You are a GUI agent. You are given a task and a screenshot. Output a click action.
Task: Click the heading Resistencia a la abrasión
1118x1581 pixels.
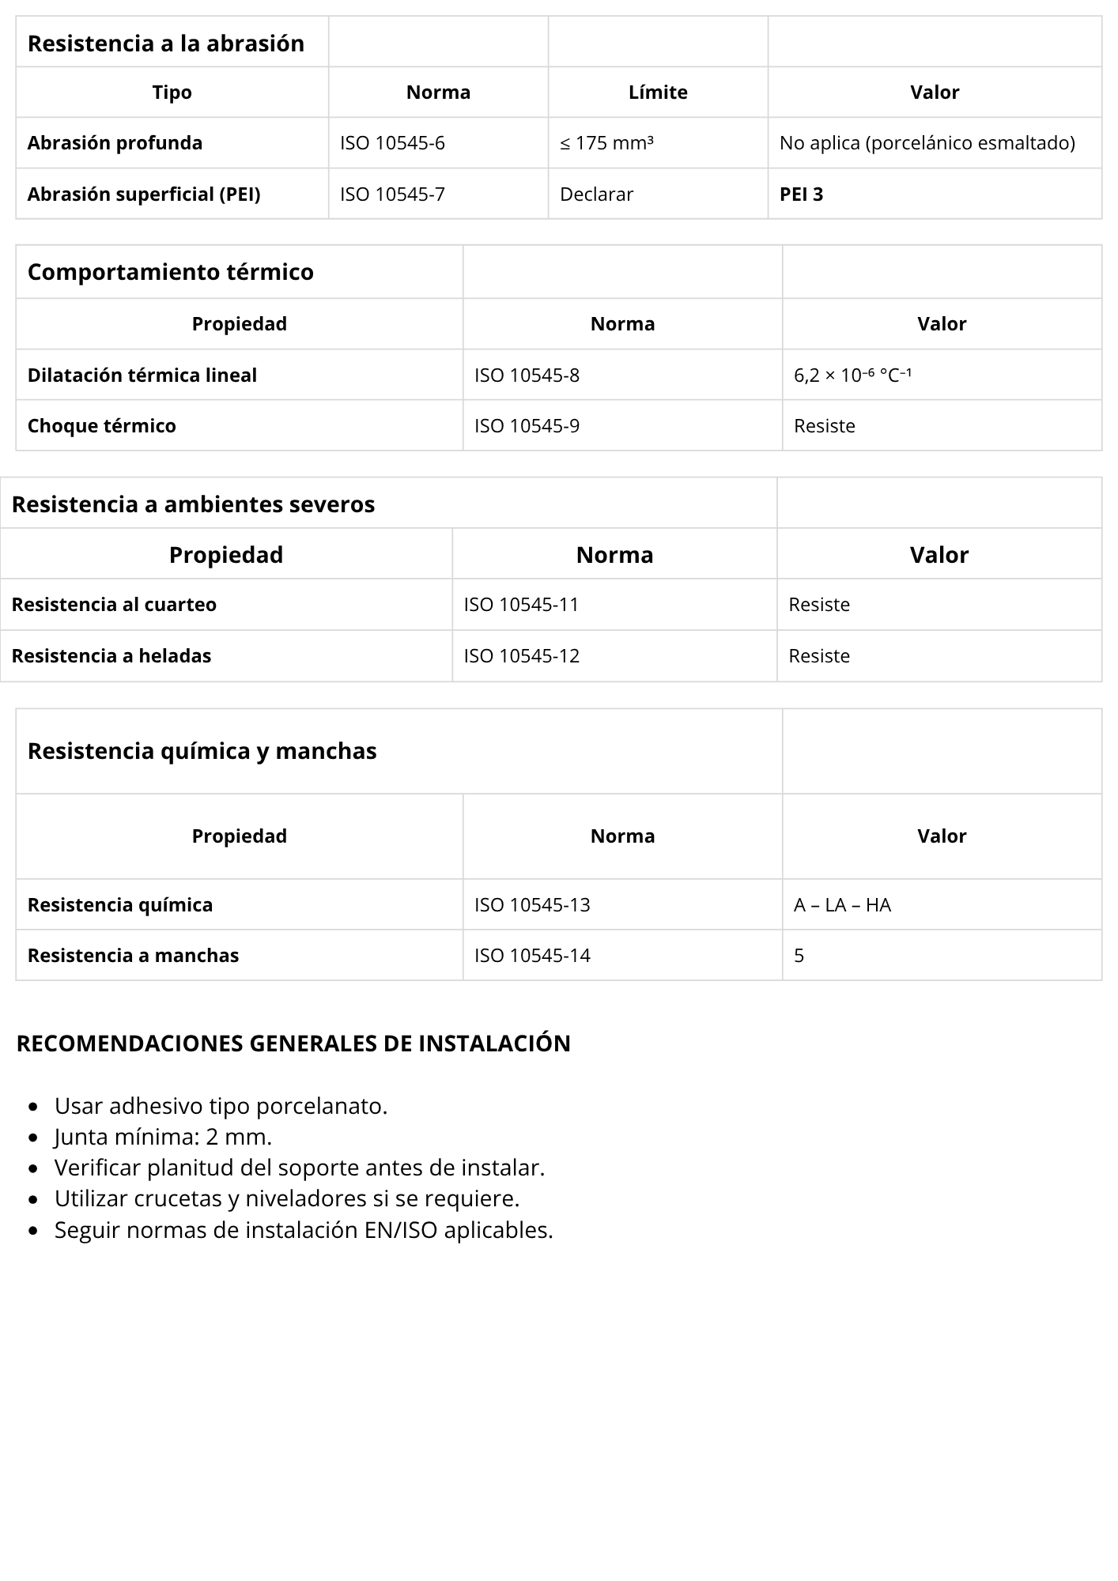pos(165,43)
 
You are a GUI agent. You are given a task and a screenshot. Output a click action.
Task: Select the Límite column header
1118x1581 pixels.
pos(658,92)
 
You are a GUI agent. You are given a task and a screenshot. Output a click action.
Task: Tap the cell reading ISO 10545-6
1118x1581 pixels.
pos(392,143)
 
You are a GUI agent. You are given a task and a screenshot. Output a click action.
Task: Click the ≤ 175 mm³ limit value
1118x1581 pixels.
pos(606,143)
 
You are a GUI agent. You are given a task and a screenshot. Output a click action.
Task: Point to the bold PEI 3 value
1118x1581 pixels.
pos(801,194)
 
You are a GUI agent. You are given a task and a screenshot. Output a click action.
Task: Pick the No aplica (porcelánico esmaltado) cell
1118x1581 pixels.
pos(927,143)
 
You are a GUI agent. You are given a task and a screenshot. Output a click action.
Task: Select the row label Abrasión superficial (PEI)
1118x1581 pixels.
pos(144,194)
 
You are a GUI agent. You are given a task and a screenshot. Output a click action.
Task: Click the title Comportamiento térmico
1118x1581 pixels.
pos(170,272)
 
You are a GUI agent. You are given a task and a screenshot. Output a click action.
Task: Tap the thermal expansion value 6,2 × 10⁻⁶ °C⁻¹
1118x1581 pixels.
pos(852,375)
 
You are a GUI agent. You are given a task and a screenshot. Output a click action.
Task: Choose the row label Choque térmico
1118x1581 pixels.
pos(101,426)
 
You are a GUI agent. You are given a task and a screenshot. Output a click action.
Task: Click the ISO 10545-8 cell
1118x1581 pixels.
pos(527,375)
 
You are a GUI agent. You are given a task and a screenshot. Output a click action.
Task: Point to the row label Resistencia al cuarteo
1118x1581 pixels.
pos(114,605)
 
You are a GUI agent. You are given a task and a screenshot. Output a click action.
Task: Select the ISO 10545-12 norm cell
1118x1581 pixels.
pos(521,656)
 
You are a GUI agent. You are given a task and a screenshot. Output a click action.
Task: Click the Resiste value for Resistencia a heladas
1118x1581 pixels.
pos(819,656)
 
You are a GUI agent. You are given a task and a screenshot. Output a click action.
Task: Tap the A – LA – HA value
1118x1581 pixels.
pos(842,905)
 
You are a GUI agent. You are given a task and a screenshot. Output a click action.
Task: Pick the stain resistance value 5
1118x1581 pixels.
pos(799,956)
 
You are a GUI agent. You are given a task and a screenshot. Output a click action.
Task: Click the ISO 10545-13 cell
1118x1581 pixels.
pos(532,905)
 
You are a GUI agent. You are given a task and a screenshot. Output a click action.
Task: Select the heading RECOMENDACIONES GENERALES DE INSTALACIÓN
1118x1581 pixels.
pos(293,1043)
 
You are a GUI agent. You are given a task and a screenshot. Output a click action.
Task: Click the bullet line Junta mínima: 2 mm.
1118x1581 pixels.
pos(163,1137)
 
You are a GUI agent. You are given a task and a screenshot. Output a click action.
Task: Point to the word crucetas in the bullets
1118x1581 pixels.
pos(178,1198)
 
